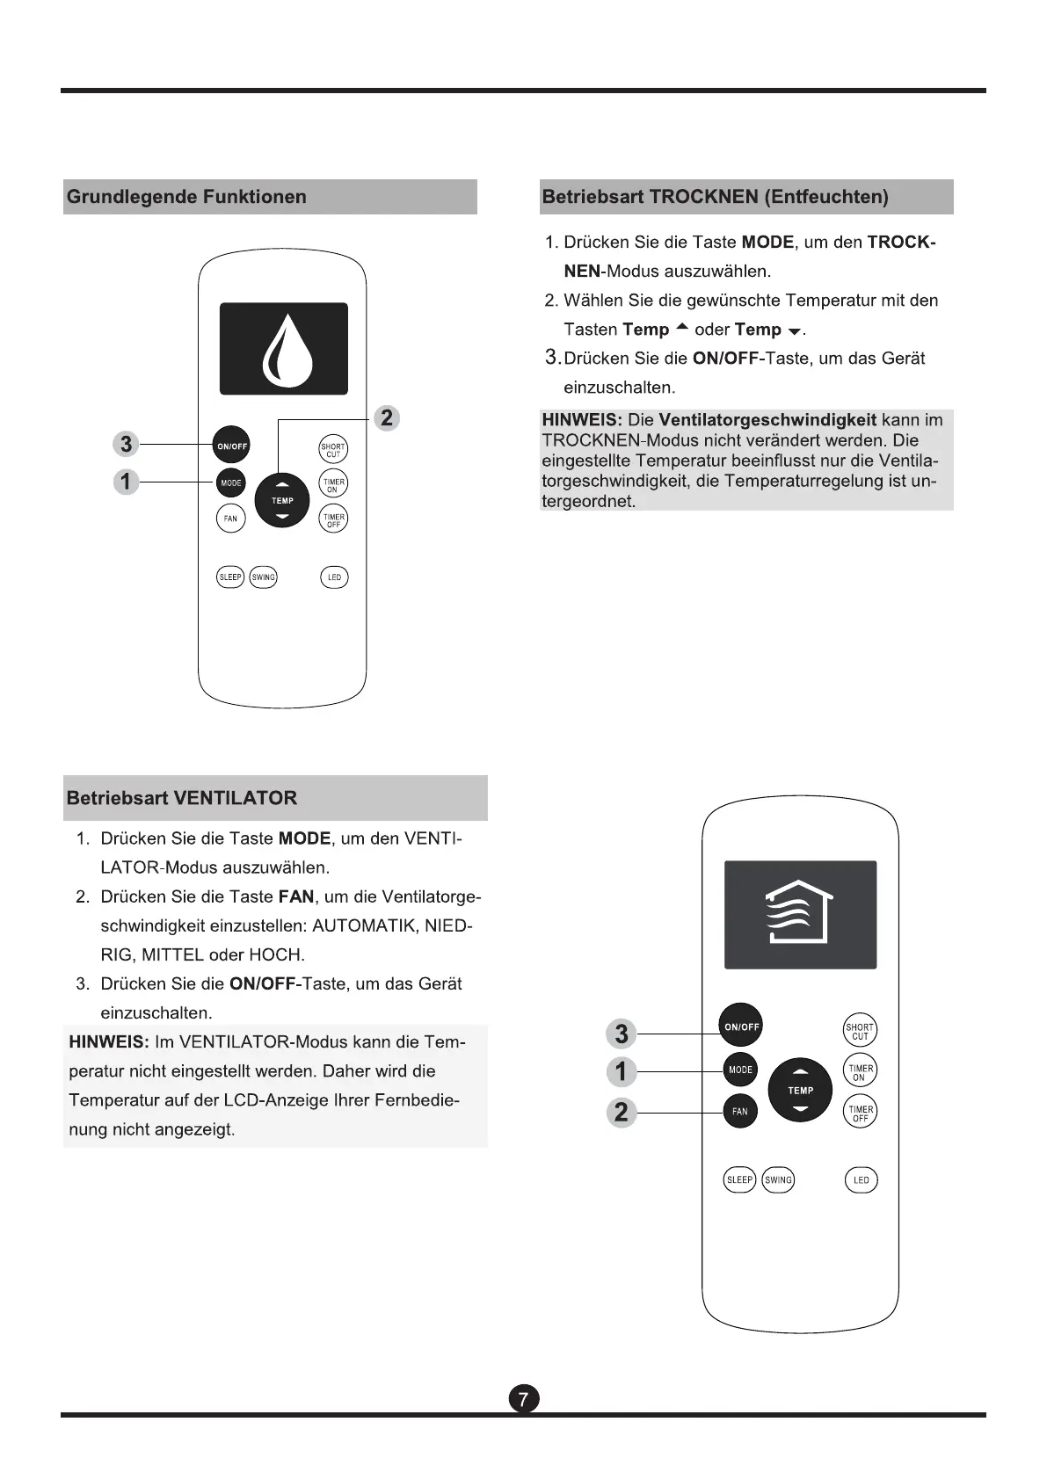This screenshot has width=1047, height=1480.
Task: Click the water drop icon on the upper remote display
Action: (x=283, y=350)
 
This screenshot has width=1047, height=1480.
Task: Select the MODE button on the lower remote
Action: (x=740, y=1070)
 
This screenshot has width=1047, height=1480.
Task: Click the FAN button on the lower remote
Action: (x=740, y=1112)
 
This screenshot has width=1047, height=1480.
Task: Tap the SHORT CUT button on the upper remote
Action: (x=333, y=450)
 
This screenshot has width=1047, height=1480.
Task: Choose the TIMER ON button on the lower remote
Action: (x=860, y=1072)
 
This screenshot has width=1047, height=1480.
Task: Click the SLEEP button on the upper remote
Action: (x=230, y=577)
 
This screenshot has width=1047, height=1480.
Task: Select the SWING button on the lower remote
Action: (x=778, y=1179)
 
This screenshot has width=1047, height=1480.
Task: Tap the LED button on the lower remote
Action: (x=861, y=1179)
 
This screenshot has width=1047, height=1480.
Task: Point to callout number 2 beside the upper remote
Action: (x=387, y=417)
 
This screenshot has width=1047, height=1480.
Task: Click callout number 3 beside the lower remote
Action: (x=622, y=1034)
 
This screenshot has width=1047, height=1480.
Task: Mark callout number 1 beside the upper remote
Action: (x=127, y=482)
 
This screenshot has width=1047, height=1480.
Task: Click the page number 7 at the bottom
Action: (x=524, y=1398)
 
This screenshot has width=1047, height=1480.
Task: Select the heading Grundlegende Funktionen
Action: (x=186, y=197)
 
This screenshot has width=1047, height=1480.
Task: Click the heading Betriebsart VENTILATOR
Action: (x=182, y=798)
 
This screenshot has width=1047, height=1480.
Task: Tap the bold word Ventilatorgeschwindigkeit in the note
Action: (x=767, y=420)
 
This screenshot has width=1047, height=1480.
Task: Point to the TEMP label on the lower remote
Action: (x=800, y=1091)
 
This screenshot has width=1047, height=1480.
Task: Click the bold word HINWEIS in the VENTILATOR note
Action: (x=109, y=1042)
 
